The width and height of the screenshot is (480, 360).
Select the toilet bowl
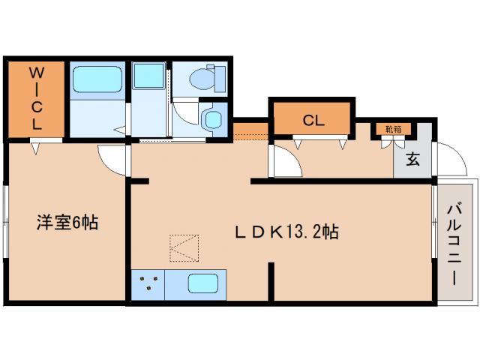point(205,76)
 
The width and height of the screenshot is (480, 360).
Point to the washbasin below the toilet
point(213,118)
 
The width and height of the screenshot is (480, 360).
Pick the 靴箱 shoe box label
point(393,129)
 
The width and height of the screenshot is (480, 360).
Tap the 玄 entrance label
point(412,159)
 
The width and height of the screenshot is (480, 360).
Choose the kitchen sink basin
point(202,284)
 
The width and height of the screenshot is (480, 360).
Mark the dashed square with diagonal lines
point(184,248)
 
